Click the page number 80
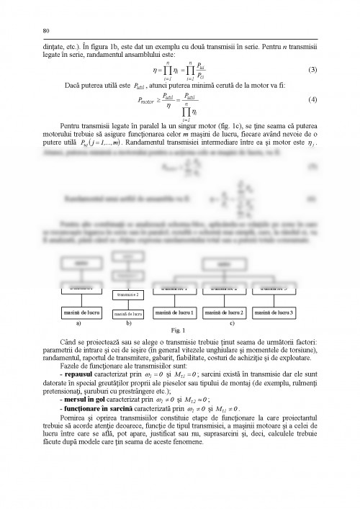46,31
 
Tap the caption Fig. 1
179,330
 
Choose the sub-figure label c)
231,324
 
